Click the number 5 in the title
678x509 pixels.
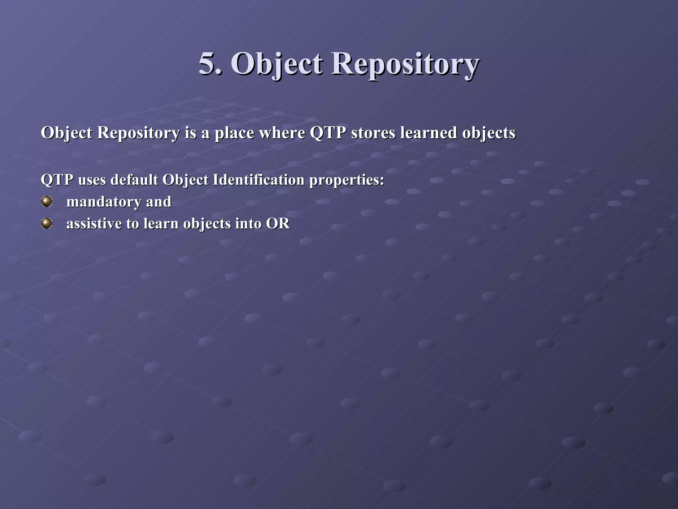(208, 64)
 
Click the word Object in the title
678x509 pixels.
(276, 64)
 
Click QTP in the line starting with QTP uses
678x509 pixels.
(57, 180)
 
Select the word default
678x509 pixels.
(134, 180)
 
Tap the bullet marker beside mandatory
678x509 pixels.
(47, 201)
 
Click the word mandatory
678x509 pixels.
(104, 202)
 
